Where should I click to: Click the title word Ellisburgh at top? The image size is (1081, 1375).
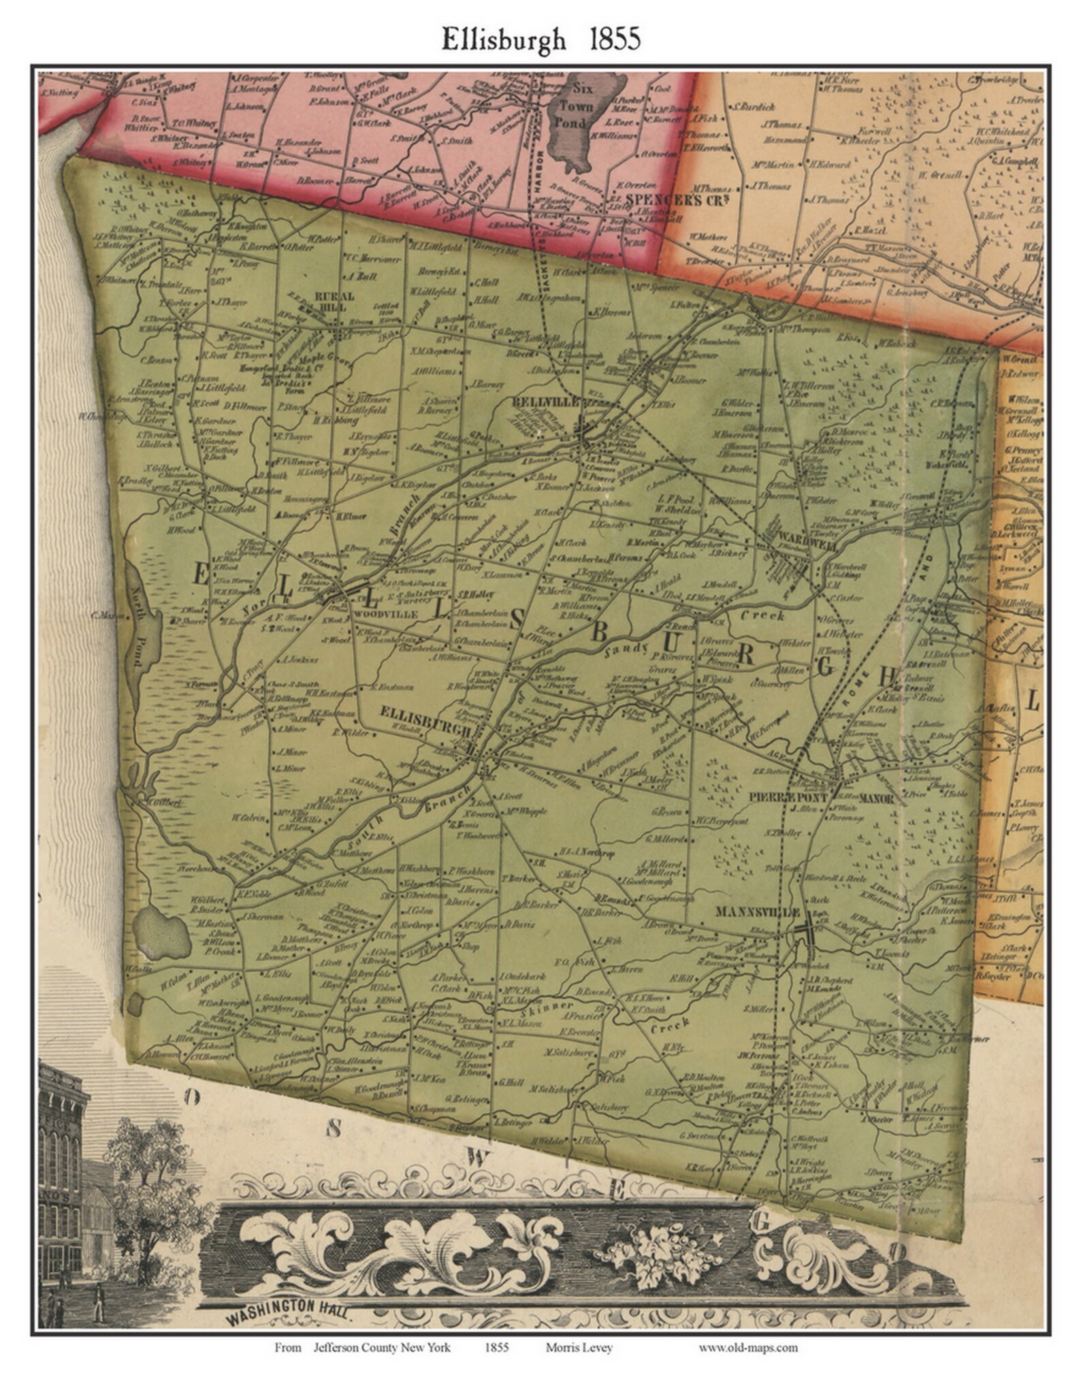point(503,39)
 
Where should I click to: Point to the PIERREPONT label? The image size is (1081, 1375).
point(788,797)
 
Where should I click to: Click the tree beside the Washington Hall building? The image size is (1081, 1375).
point(146,1171)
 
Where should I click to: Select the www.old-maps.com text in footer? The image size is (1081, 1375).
point(747,1346)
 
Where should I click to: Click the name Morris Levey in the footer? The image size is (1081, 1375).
point(579,1346)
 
